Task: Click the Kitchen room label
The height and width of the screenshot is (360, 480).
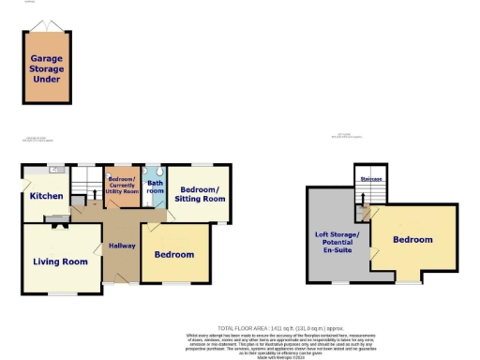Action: coord(45,197)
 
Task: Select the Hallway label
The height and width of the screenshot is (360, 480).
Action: coord(121,246)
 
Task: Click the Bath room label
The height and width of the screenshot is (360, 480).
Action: coord(155,185)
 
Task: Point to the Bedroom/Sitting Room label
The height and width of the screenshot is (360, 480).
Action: coord(202,193)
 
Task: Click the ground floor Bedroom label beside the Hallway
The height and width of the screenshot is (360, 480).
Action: coord(173,255)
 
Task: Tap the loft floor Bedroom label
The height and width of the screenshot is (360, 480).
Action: coord(412,240)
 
